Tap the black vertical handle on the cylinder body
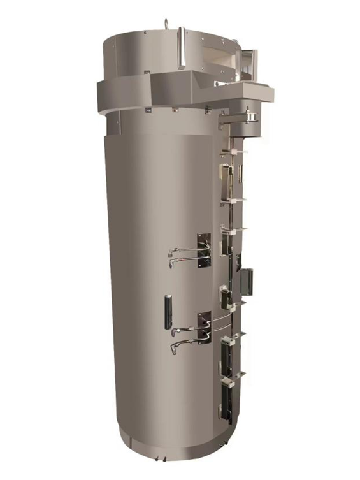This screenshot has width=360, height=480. [x=168, y=311]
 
